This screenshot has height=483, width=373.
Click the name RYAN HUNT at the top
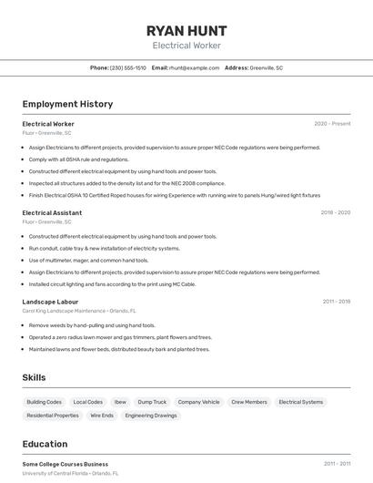coord(186,30)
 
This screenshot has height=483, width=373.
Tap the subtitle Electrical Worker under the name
coord(186,46)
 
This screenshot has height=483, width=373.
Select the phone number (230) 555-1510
coord(127,68)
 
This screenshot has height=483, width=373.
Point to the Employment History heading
coord(67,104)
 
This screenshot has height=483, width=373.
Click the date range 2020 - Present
coord(332,124)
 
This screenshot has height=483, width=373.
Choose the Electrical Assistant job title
coord(52,212)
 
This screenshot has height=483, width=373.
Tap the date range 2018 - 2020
coord(335,212)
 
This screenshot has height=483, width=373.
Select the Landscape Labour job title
coord(50,302)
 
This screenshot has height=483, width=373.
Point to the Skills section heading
coord(34,377)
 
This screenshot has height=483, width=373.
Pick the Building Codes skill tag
coord(44,402)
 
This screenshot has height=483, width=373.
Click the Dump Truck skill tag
coord(152,402)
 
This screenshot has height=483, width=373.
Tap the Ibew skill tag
coord(120,402)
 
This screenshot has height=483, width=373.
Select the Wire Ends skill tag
coord(102,416)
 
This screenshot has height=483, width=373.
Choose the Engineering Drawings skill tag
coord(151,416)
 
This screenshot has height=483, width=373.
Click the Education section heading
coord(45,444)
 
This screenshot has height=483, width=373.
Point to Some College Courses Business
coord(65,464)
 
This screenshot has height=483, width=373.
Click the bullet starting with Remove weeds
coord(92,325)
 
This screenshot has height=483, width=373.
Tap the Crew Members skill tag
coord(249,402)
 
